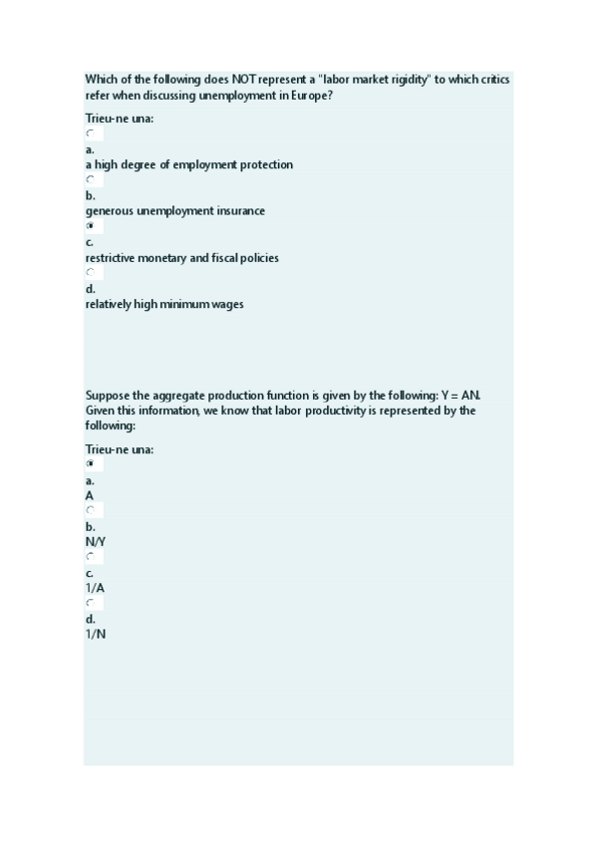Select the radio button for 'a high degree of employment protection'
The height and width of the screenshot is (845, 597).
coord(90,134)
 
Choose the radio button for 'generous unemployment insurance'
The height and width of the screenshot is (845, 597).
coord(90,180)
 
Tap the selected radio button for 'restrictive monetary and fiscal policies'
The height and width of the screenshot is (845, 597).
coord(90,226)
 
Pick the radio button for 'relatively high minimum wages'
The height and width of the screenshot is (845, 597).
coord(90,272)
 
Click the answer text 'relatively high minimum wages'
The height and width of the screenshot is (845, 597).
coord(164,304)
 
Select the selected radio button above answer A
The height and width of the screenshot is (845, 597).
coord(90,463)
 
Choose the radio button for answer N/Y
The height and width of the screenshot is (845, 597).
coord(90,510)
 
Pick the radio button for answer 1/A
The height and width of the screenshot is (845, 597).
coord(90,556)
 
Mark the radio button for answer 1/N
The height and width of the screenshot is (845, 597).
coord(90,603)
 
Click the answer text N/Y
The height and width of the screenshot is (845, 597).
coord(96,541)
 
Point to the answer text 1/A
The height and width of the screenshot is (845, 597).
coord(95,588)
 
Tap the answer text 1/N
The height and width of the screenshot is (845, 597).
coord(96,634)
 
